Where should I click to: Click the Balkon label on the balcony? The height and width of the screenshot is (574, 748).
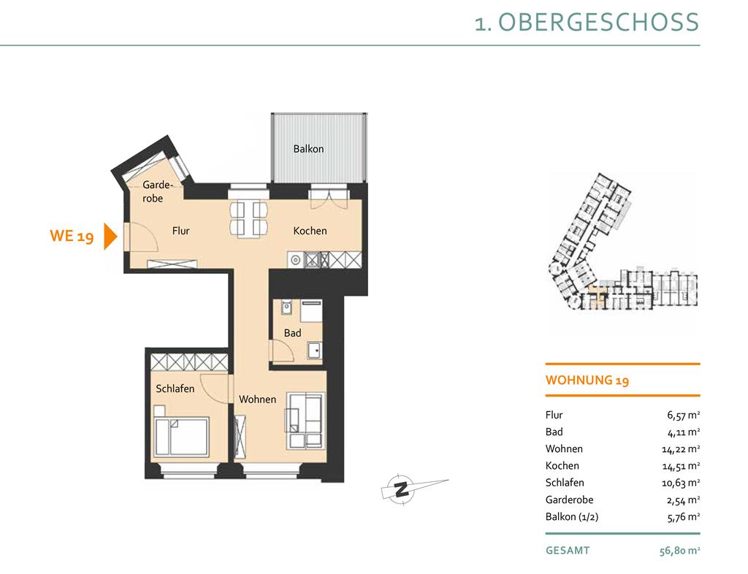(x=308, y=149)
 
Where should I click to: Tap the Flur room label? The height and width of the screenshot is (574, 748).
(x=181, y=231)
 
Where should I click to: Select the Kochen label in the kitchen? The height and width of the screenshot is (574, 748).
(x=310, y=231)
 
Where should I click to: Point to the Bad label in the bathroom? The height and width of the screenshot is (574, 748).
(x=292, y=333)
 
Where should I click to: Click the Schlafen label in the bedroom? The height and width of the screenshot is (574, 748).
(x=175, y=389)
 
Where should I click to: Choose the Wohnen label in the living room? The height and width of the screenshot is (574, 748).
(x=258, y=399)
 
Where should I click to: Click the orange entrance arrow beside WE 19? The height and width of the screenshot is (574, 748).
(x=111, y=237)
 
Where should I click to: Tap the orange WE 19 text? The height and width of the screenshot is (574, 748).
(x=72, y=236)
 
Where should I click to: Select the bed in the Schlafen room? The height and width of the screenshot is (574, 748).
(x=182, y=437)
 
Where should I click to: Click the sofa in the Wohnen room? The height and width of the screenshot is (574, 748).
(x=305, y=421)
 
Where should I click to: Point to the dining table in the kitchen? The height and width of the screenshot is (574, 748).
(x=248, y=219)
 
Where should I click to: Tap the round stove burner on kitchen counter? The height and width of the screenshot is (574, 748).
(x=296, y=260)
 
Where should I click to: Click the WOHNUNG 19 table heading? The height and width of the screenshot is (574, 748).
(x=587, y=380)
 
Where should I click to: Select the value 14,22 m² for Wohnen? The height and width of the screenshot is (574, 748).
(x=681, y=449)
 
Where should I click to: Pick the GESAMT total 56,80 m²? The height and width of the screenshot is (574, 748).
(x=680, y=551)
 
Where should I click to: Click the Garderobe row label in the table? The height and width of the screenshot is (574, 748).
(x=570, y=500)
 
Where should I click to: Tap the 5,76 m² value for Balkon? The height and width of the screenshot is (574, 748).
(x=684, y=517)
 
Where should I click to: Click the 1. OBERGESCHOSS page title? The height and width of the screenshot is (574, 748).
(x=587, y=23)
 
